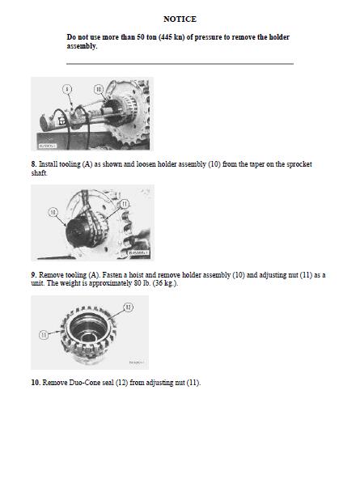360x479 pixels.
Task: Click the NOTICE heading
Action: pos(180,19)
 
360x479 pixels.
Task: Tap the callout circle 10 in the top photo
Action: pos(99,89)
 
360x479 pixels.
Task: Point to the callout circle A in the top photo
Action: pos(67,89)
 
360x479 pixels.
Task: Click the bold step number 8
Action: pos(34,164)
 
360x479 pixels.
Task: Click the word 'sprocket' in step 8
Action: pos(299,164)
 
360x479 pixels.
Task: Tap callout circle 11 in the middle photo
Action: pos(125,204)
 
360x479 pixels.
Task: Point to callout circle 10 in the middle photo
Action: pos(53,212)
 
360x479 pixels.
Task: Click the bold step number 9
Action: pos(34,275)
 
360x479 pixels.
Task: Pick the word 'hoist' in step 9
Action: pos(136,275)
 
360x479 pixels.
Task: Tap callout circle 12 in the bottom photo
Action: pos(129,307)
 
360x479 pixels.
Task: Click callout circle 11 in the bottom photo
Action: pos(44,335)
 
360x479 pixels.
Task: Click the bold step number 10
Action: pos(36,383)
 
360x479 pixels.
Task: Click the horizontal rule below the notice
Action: pos(180,64)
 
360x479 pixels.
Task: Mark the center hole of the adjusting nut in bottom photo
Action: pos(89,337)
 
